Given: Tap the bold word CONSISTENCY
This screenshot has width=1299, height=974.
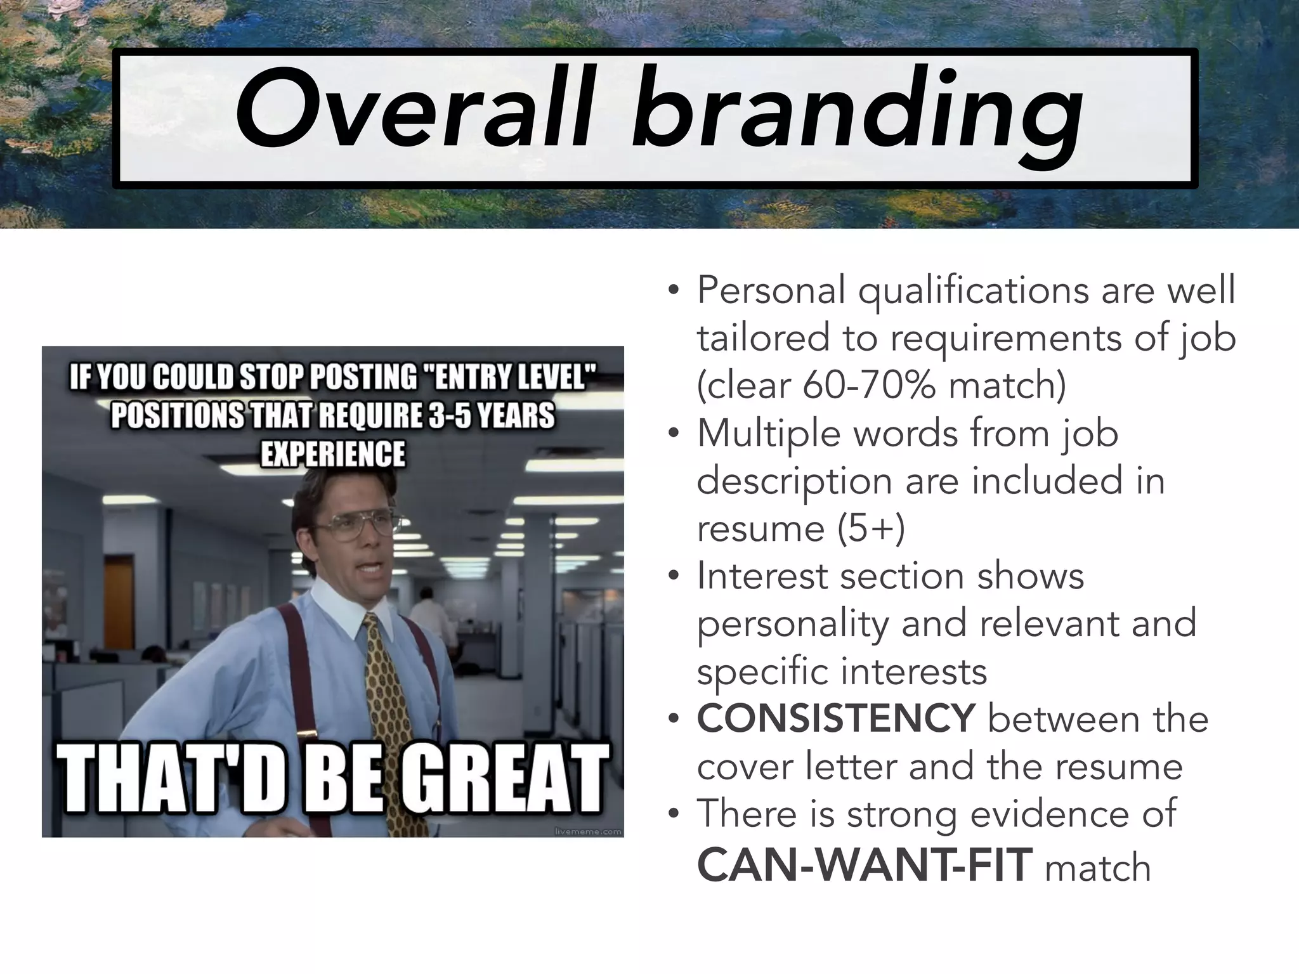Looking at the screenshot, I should [x=835, y=718].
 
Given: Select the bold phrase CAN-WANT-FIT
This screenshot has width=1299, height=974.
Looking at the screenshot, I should [x=864, y=866].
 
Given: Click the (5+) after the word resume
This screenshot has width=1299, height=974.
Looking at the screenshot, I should [x=871, y=528].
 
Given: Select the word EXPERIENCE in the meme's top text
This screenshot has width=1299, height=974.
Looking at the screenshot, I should [x=333, y=454].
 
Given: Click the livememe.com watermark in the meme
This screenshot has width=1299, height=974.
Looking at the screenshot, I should [x=587, y=831].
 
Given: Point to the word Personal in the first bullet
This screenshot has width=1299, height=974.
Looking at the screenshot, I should [x=771, y=290].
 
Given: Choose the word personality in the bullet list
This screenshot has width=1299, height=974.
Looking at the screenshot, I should [x=793, y=624].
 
